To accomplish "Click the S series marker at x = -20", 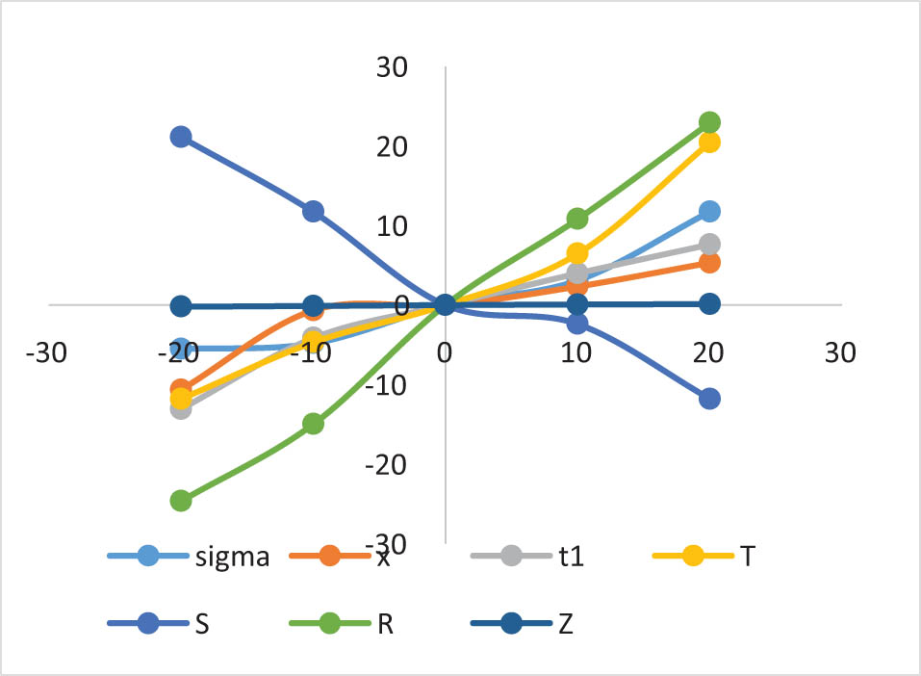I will pos(180,137).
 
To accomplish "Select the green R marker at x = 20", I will pos(709,122).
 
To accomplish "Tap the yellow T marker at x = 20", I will pos(709,143).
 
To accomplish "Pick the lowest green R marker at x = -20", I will pos(180,500).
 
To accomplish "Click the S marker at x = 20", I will pos(709,399).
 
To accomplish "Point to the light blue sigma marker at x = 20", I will pos(709,212).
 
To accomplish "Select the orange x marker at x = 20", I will pos(709,262).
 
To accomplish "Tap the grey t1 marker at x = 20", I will pos(709,244).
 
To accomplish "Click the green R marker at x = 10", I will pos(577,219).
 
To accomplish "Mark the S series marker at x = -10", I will pos(313,212).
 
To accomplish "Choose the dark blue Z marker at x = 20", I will pos(709,304).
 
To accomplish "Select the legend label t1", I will pos(572,556).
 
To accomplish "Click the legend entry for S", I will pos(203,623).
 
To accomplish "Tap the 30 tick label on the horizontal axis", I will pos(840,353).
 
